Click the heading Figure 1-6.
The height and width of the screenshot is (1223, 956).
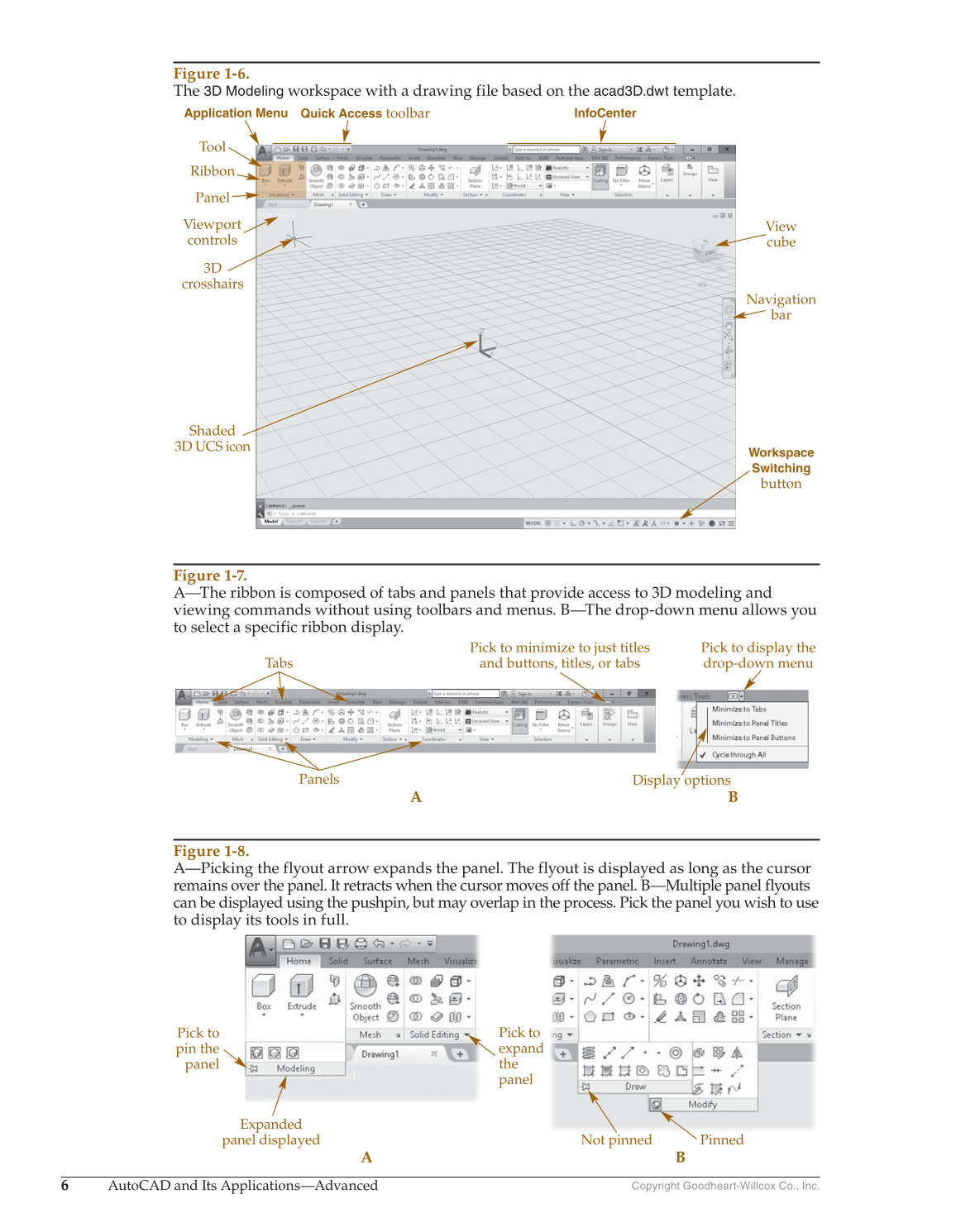pos(211,74)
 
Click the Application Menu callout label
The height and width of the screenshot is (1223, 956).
pos(236,113)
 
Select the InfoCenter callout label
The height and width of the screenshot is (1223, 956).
pos(605,113)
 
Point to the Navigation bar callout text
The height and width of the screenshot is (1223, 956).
pos(781,307)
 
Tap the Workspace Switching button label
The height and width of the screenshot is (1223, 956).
pos(781,468)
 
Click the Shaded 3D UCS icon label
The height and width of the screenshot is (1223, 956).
pos(212,438)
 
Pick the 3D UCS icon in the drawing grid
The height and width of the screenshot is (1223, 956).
pos(484,345)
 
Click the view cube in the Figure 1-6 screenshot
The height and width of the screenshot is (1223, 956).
pos(705,249)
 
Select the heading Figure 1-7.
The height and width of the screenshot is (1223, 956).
pos(210,576)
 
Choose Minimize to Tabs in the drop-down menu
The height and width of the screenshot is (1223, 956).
pos(739,709)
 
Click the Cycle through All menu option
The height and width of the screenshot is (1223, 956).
pos(739,755)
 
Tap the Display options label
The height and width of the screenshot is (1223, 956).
pos(681,780)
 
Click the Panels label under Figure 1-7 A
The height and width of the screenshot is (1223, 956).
pos(318,779)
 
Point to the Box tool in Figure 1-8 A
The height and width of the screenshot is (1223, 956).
pos(264,991)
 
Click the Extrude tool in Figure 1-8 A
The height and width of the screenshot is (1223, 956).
pos(301,991)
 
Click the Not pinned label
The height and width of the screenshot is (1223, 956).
pos(616,1139)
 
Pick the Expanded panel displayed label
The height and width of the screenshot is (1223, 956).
pos(270,1132)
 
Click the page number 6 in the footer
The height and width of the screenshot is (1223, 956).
pos(65,1186)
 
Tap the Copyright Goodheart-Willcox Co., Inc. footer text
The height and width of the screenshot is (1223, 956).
pos(724,1186)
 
